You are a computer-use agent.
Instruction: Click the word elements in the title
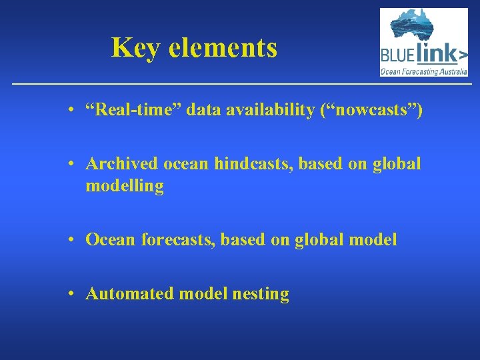coord(223,48)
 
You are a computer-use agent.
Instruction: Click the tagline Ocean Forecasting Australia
coord(423,70)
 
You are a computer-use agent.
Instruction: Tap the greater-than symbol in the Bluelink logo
coord(461,53)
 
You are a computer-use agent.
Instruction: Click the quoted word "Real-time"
coord(133,110)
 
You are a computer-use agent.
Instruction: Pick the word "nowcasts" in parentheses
coord(370,110)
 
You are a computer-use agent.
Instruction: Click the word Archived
coord(117,164)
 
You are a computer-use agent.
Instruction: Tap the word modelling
coord(124,187)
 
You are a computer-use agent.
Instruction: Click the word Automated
coord(127,294)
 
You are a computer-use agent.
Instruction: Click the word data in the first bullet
coord(201,110)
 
